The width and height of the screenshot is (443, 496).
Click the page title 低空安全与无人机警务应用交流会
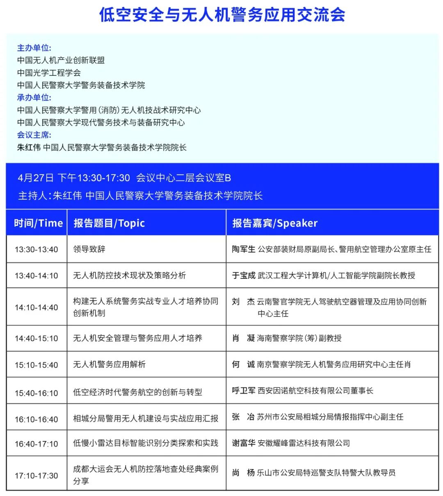click(x=222, y=15)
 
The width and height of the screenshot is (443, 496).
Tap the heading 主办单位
click(x=34, y=48)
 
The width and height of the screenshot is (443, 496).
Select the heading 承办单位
click(x=34, y=98)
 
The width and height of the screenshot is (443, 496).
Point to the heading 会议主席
click(x=34, y=135)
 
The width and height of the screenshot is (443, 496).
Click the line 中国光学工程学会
click(x=49, y=73)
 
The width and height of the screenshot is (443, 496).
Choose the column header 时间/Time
click(x=38, y=223)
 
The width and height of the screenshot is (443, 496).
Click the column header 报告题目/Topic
click(x=109, y=223)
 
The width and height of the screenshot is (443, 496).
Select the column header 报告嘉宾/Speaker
click(x=275, y=223)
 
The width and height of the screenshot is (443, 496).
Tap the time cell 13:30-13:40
click(x=37, y=249)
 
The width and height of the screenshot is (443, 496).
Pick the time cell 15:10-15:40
click(x=37, y=365)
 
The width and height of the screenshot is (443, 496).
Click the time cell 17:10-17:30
click(x=37, y=476)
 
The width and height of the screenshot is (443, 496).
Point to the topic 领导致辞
click(x=89, y=249)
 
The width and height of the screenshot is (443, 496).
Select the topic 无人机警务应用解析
click(x=109, y=364)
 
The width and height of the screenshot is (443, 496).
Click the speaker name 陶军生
click(x=243, y=249)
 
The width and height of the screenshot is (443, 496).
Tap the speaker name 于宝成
click(x=243, y=275)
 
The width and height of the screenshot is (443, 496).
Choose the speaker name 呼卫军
click(x=243, y=391)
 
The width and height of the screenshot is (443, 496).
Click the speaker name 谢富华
click(x=243, y=443)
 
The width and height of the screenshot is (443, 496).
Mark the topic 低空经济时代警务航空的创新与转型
click(x=137, y=392)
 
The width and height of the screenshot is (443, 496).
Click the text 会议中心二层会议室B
click(x=183, y=178)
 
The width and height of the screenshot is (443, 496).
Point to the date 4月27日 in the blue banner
click(x=36, y=178)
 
